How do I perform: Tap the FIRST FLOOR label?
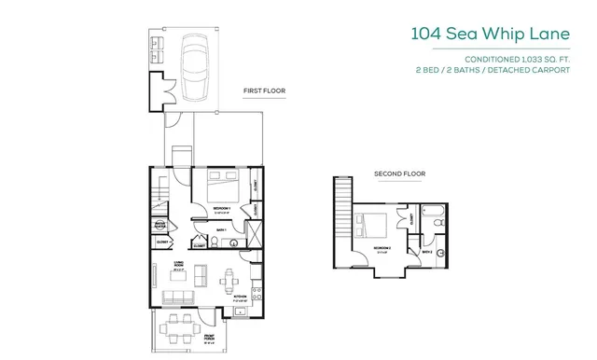coord(264,90)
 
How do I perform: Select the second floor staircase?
coord(341,211)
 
